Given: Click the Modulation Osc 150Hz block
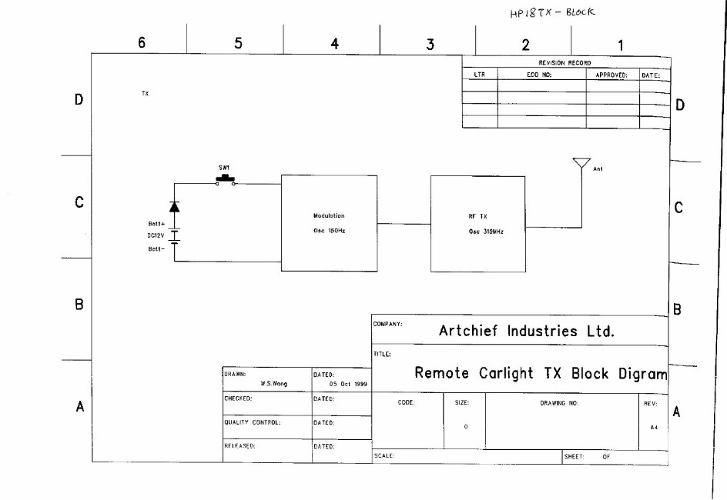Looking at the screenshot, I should [x=329, y=223].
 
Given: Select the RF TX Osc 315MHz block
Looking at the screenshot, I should [x=477, y=223].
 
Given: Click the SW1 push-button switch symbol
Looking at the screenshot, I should [x=226, y=181].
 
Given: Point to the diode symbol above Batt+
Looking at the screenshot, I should [x=174, y=206].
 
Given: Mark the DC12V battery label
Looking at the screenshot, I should [x=146, y=237].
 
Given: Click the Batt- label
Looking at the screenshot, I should [x=146, y=248].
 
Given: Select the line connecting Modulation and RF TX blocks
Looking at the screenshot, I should [x=404, y=224].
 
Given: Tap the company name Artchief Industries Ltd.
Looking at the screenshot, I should [x=527, y=332].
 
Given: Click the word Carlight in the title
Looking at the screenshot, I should [x=512, y=374].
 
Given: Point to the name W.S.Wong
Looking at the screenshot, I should [x=274, y=382].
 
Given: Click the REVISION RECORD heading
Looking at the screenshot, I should [x=565, y=63].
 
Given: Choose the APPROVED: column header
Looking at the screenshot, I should [x=612, y=75].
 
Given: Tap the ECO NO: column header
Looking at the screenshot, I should [x=540, y=75].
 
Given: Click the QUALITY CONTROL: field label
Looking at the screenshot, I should [x=252, y=422].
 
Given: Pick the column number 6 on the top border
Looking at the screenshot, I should [x=142, y=44].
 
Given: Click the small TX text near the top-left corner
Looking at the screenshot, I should [x=145, y=93].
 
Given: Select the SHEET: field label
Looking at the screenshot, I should [x=575, y=456].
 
